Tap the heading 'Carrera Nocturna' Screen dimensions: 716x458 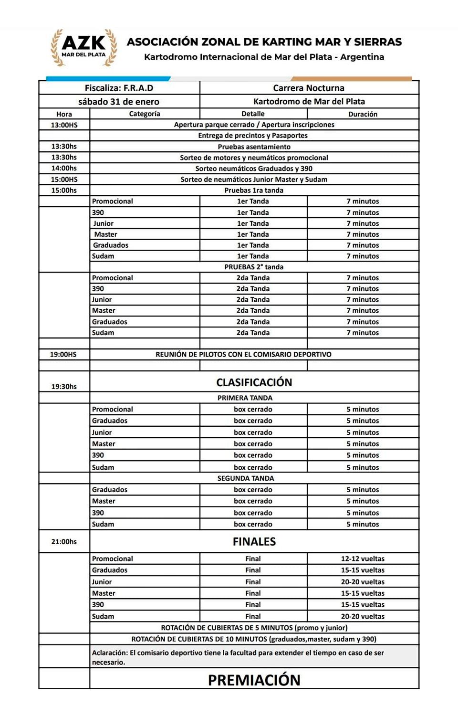pyautogui.click(x=309, y=88)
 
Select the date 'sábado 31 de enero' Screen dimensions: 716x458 pyautogui.click(x=119, y=101)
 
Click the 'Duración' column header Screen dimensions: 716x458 pyautogui.click(x=363, y=114)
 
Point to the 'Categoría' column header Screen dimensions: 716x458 pyautogui.click(x=145, y=114)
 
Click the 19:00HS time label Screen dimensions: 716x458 pyautogui.click(x=63, y=354)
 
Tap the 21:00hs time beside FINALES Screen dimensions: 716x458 pyautogui.click(x=64, y=541)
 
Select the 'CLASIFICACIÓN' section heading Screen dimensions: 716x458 pyautogui.click(x=254, y=382)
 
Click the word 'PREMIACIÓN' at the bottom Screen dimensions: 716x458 pyautogui.click(x=254, y=680)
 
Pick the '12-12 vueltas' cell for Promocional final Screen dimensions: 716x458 pyautogui.click(x=363, y=558)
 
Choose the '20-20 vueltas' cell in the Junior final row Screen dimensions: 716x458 pyautogui.click(x=363, y=582)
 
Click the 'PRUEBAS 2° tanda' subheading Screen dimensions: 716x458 pyautogui.click(x=254, y=267)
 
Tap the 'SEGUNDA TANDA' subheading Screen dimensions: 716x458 pyautogui.click(x=246, y=478)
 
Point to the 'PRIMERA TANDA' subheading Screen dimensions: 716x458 pyautogui.click(x=245, y=398)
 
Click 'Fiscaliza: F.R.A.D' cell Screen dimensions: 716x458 pyautogui.click(x=119, y=88)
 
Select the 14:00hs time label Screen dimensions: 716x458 pyautogui.click(x=64, y=168)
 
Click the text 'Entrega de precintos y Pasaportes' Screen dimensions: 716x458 pyautogui.click(x=253, y=136)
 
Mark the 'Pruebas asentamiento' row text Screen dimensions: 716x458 pyautogui.click(x=254, y=147)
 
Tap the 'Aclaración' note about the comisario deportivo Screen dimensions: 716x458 pyautogui.click(x=238, y=657)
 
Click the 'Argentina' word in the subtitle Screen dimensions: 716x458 pyautogui.click(x=362, y=57)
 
